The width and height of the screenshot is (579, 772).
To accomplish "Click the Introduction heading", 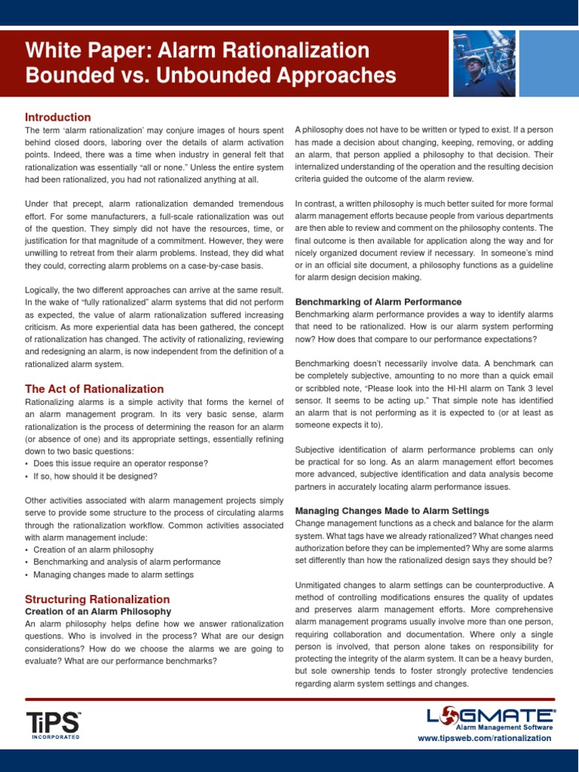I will click(58, 117).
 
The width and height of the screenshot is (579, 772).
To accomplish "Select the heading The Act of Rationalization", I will click(94, 389).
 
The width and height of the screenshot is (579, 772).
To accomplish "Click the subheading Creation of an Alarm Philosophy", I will click(98, 611).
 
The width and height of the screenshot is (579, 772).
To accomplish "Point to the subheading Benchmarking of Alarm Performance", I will click(378, 302).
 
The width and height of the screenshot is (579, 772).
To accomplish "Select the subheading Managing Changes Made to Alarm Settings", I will click(391, 510).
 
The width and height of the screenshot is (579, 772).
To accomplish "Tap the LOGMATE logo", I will click(491, 716).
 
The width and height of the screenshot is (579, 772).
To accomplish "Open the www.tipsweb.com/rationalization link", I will click(484, 738).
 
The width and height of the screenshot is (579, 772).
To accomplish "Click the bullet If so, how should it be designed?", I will click(95, 476).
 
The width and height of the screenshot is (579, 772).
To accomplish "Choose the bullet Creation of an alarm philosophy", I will click(93, 549).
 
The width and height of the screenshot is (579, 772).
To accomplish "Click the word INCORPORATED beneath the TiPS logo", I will click(55, 737).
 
